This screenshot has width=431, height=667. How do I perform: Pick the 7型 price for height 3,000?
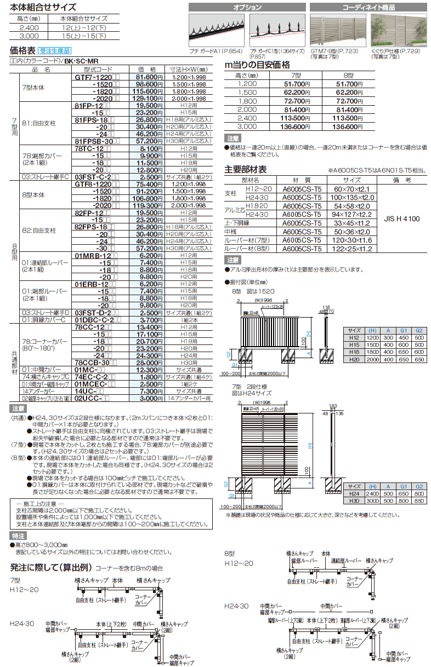294,127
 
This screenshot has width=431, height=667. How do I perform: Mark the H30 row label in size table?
355,499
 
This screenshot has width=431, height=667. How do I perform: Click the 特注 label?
18,536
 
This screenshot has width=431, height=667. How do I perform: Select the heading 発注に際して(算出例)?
52,567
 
